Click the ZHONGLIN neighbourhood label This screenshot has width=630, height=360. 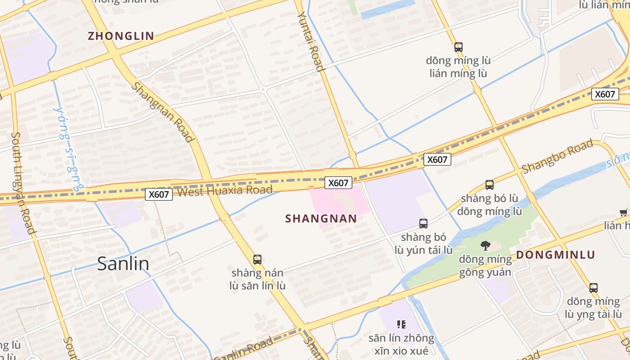coord(121,36)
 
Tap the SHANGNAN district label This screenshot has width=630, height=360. coord(321,219)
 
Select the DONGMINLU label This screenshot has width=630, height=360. coord(555,255)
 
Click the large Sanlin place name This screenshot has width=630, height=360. coord(123,264)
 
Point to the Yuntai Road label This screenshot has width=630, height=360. coord(310,41)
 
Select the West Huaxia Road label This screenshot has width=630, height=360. coord(225,191)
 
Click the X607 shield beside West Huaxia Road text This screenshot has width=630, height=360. coord(159,194)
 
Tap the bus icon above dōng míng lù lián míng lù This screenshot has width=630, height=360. coord(458,47)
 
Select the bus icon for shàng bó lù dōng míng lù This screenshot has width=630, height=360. coord(489,185)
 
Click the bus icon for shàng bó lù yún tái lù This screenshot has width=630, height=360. coord(423,224)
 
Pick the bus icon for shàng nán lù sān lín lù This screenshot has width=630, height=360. coord(257,260)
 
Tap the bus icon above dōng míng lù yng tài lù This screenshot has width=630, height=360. coord(594,288)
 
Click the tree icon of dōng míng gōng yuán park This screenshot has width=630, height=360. coord(485,245)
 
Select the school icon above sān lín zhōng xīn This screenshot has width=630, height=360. coord(401,324)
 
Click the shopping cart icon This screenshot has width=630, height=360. coord(624,213)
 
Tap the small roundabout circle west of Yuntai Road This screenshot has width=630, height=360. coord(263,90)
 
